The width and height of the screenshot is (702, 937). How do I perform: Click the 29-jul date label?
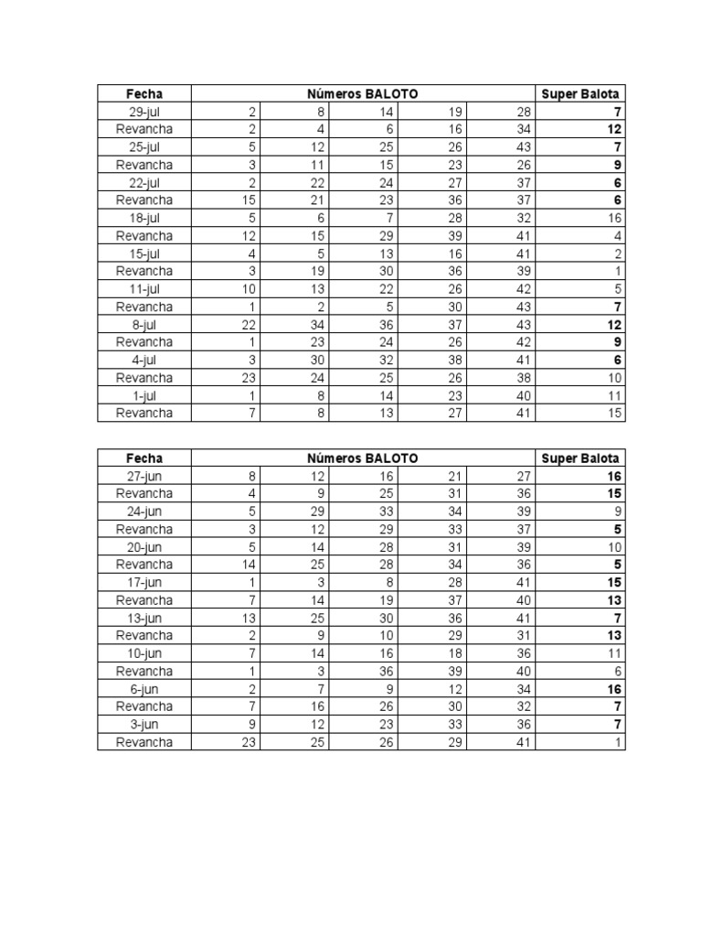144,112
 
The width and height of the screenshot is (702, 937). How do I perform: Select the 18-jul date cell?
144,218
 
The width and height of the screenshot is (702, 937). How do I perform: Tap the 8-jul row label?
144,325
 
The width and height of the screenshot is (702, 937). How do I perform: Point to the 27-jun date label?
144,476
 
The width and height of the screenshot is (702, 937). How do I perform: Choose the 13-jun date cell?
144,618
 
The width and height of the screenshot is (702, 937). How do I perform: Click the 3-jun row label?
144,725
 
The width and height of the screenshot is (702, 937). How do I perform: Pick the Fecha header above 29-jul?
144,93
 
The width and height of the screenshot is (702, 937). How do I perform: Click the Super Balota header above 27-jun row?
580,458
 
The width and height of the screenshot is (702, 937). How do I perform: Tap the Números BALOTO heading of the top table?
363,93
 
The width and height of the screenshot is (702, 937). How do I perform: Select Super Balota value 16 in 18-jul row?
614,218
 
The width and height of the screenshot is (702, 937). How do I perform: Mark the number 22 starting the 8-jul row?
250,325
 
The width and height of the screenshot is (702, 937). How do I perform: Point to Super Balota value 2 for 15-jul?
618,253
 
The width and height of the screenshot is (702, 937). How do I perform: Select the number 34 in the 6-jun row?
523,689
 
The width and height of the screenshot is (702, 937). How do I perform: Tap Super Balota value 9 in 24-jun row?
618,512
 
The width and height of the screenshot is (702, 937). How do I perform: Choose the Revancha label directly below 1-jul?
144,413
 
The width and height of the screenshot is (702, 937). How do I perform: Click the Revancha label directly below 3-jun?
144,742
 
